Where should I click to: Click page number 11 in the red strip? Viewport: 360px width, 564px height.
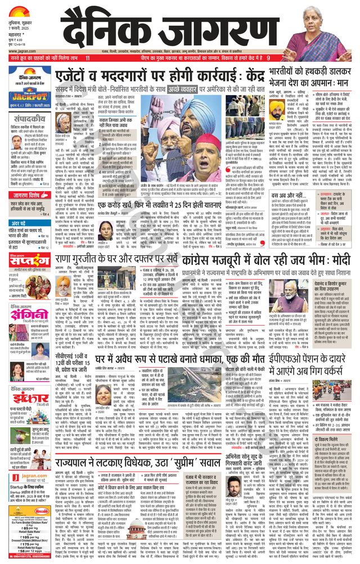pos(88,58)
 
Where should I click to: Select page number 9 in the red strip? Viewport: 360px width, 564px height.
pos(268,58)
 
